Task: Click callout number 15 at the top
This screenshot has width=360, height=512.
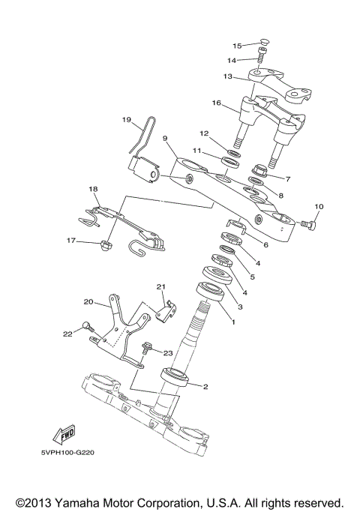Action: coord(237,46)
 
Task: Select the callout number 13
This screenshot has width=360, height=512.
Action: coord(227,76)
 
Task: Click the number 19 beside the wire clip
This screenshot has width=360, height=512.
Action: coord(126,119)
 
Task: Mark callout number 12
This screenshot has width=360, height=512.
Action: coord(203,133)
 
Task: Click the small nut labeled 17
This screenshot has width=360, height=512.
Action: coord(106,244)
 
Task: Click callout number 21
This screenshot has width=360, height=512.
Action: coord(160,287)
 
